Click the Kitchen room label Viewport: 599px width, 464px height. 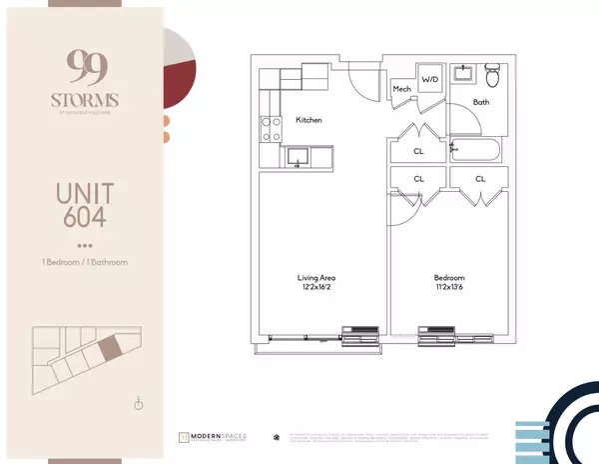[309, 120]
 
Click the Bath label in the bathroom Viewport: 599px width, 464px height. [480, 103]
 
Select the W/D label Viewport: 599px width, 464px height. [430, 78]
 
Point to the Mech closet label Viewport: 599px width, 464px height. [401, 90]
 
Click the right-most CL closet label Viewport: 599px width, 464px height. [480, 180]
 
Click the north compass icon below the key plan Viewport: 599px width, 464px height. [139, 404]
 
